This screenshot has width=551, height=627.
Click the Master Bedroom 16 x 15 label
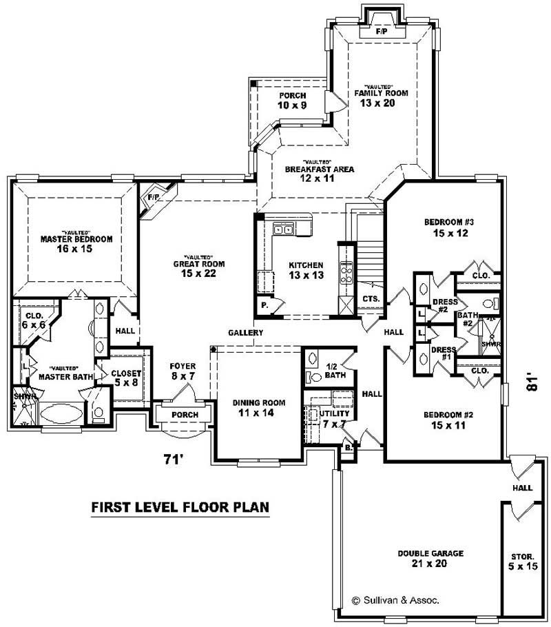76,243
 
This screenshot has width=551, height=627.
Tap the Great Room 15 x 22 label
199,269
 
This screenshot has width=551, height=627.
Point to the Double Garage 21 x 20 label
430,558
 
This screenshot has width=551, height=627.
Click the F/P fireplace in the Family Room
380,32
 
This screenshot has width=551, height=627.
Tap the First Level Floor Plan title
180,508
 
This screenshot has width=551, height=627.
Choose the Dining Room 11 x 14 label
258,408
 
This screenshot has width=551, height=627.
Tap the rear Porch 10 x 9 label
292,100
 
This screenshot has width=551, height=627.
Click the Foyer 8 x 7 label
183,371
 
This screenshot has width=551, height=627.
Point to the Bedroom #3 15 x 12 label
446,227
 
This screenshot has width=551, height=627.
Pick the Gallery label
246,333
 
